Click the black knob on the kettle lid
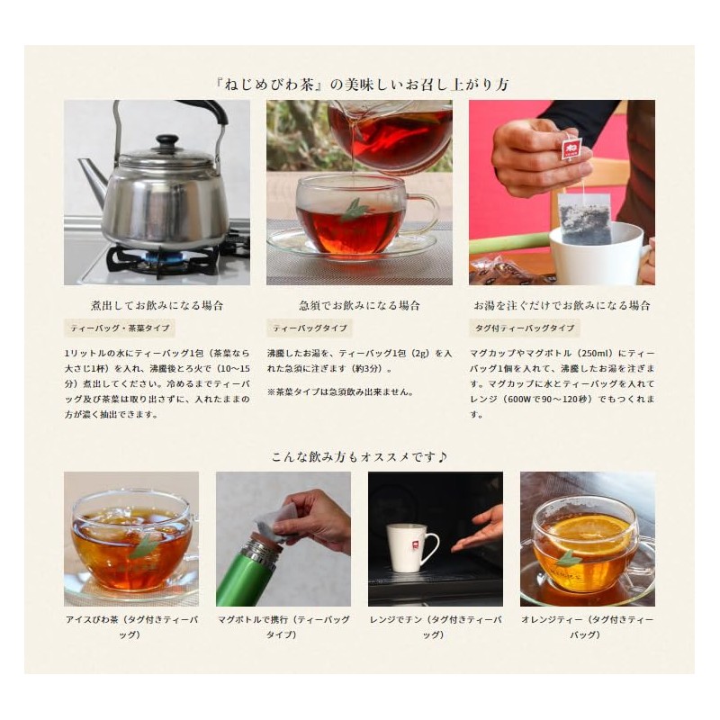click(166, 142)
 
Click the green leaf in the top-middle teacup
click(354, 210)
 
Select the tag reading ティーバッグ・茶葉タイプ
click(120, 328)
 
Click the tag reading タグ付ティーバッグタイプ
click(524, 328)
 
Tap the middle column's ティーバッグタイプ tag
click(308, 328)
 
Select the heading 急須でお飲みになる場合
click(358, 305)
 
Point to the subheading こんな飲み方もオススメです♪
click(359, 456)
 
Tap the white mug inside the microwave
click(411, 547)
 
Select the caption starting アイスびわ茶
click(130, 627)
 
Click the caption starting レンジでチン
click(435, 627)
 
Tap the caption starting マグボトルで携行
click(283, 627)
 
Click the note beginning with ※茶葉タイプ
click(340, 392)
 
